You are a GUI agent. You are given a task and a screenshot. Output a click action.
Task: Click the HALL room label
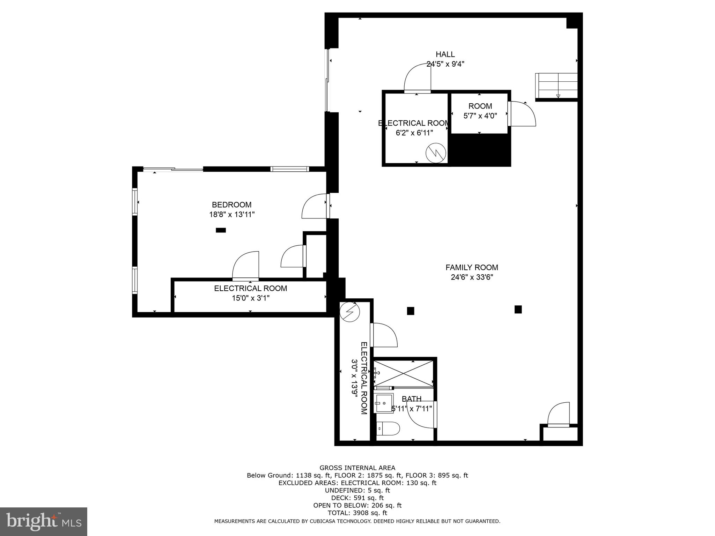pos(445,54)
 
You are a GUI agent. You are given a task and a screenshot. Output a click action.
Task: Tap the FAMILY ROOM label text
pos(472,267)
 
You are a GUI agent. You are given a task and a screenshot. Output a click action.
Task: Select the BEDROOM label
pos(231,205)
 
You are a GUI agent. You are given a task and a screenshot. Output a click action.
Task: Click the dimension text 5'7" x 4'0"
pos(480,116)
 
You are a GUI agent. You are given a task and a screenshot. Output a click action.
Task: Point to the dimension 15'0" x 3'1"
pos(251,298)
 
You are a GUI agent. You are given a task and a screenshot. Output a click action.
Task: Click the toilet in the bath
pos(388,428)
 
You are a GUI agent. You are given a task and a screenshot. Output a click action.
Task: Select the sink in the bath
pos(384,403)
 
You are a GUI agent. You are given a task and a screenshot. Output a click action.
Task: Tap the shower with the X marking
pos(404,373)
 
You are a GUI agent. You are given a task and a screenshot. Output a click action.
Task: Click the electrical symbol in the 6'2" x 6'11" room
pos(436,153)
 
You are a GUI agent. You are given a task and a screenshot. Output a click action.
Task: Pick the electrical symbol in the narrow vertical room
pos(350,312)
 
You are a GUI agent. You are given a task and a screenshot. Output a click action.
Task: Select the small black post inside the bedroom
pos(221,230)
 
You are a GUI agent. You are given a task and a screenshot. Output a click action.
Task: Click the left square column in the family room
pos(411,311)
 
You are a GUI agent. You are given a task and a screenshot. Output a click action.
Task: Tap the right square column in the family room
pos(518,309)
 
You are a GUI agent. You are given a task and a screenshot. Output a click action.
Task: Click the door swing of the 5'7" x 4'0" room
pos(523,114)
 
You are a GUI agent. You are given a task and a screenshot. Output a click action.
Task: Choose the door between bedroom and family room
pos(315,207)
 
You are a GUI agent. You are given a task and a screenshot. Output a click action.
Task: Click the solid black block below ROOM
pos(479,150)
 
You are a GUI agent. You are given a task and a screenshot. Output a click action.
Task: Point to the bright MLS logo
pos(43,521)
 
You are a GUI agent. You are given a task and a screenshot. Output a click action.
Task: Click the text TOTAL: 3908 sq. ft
pos(357,513)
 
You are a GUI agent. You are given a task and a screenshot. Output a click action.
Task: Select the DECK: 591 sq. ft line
pos(357,498)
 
